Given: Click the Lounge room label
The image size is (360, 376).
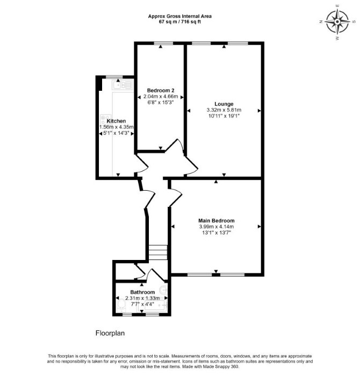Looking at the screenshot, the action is point(224,104).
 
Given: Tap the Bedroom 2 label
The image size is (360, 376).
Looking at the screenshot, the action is point(161,90).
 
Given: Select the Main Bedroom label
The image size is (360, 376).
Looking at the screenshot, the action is point(217,221).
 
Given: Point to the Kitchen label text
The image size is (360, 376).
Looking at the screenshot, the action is point(116,121).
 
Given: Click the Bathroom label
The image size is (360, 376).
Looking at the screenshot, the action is point(142,292).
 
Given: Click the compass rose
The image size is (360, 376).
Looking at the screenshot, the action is point(337,22).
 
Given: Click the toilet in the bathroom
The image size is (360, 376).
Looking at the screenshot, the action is point(121,306).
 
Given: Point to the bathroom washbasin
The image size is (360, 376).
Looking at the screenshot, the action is point(164,291).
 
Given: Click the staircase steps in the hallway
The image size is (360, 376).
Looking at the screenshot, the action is point(158,252).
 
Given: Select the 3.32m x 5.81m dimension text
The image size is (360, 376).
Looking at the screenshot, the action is point(224,110).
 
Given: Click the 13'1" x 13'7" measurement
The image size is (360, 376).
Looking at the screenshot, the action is point(217,233).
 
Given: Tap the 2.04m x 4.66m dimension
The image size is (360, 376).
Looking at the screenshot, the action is point(161,97).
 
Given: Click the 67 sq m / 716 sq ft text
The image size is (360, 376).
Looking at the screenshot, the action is point(180,22).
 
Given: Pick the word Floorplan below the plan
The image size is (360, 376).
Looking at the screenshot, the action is point(110,333).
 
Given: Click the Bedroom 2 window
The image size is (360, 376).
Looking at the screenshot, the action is point(163,43).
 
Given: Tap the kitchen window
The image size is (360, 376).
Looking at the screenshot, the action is point(114,77).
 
